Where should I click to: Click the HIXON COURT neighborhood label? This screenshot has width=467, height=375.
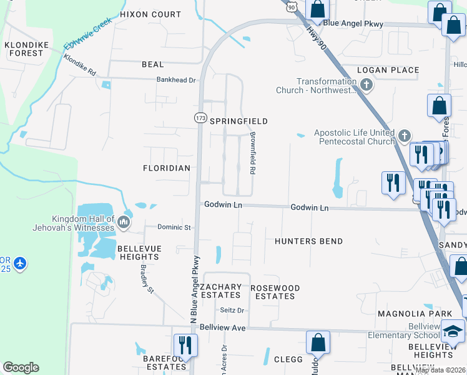[150, 14]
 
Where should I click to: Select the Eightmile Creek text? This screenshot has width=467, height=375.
[87, 34]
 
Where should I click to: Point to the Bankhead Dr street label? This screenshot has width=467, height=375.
[175, 80]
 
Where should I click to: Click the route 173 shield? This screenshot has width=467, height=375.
[200, 117]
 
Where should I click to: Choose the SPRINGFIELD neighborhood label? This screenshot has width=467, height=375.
[238, 121]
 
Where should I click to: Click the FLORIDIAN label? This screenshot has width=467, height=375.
[166, 169]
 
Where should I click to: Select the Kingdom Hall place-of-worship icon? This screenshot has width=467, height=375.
[124, 223]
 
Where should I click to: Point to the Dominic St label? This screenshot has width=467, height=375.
[174, 227]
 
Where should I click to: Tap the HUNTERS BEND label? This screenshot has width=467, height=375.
[308, 241]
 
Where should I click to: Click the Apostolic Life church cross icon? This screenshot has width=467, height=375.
[405, 135]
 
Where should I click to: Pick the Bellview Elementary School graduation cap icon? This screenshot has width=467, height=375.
[453, 329]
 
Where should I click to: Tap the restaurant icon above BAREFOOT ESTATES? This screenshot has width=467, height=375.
[185, 344]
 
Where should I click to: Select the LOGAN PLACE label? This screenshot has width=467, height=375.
[388, 70]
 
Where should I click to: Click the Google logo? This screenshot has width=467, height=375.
[21, 367]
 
